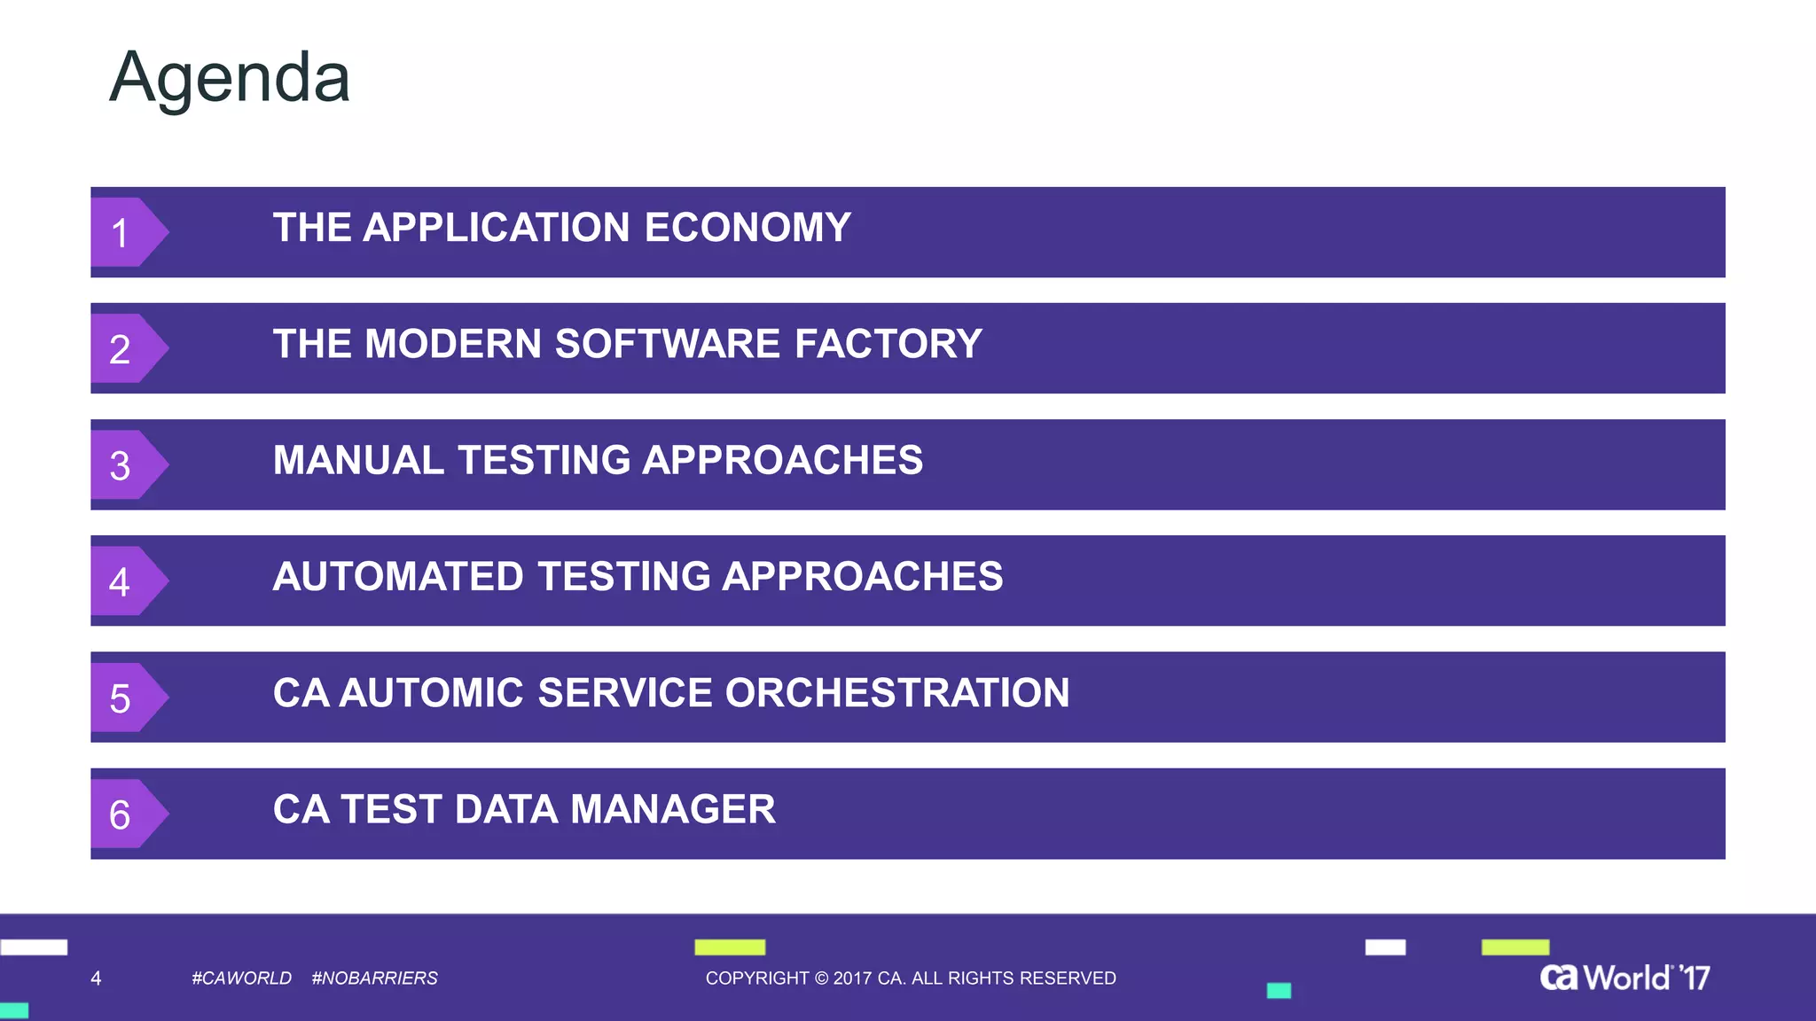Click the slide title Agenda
[230, 78]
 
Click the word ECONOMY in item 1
[748, 228]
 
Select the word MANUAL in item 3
[358, 460]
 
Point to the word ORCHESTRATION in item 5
[897, 693]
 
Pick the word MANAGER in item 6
[673, 809]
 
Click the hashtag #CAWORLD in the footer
[241, 978]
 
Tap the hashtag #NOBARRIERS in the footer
[374, 978]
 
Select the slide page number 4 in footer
[96, 978]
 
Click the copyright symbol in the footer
[821, 978]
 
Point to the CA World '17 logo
[1624, 977]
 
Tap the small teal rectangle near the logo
[1279, 990]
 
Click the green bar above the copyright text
[730, 947]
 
